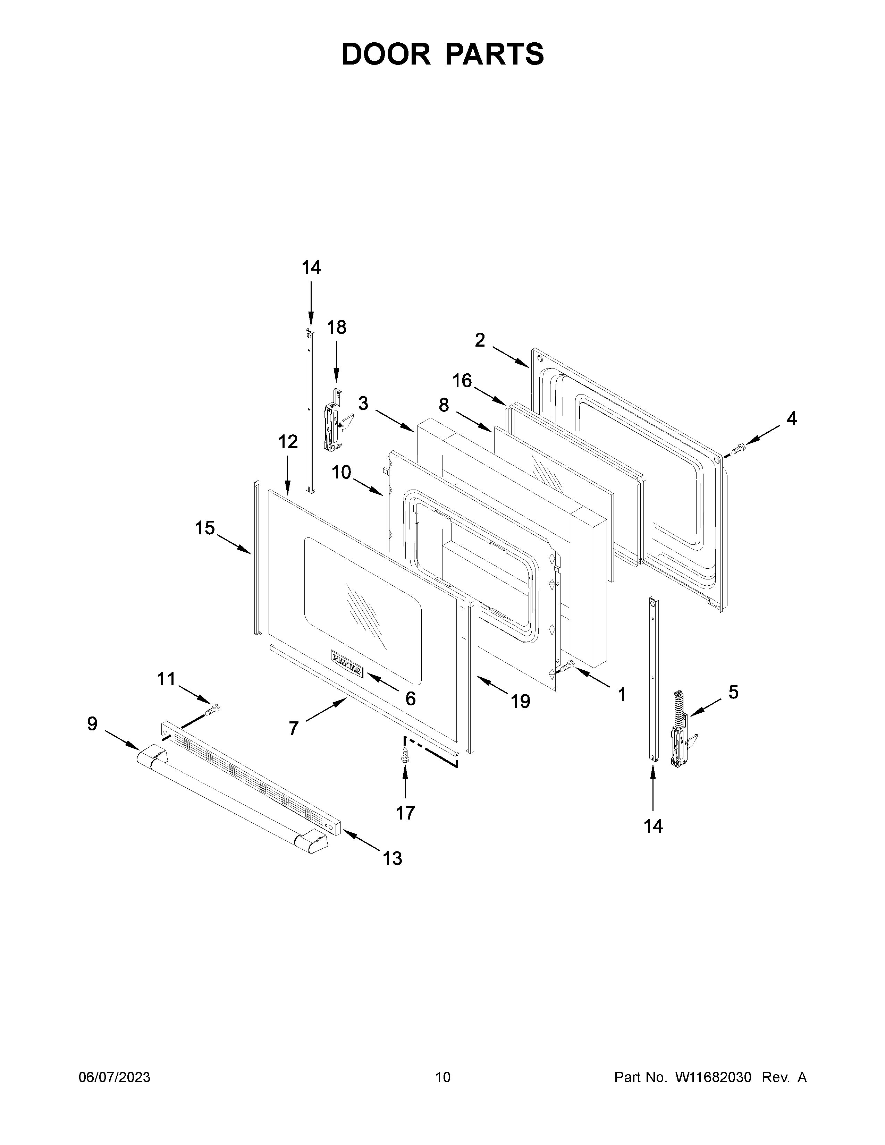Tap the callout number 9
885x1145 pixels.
coord(92,724)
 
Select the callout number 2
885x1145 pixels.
coord(480,341)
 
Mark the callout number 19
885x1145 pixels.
coord(521,701)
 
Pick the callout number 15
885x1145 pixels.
coord(205,528)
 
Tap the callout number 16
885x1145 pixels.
coord(462,381)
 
